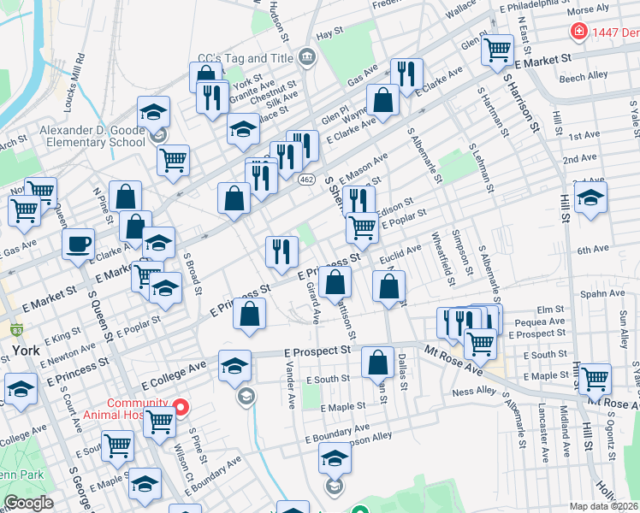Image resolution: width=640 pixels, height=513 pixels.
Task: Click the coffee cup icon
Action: [79, 243]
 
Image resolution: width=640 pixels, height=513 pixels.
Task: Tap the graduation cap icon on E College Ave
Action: [234, 366]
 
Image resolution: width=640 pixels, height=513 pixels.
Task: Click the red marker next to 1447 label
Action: [579, 32]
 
